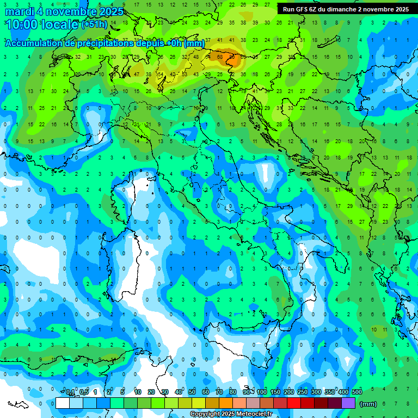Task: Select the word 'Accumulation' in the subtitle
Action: pyautogui.click(x=33, y=43)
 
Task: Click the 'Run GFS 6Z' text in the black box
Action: pyautogui.click(x=302, y=9)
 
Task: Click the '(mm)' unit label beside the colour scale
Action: pyautogui.click(x=368, y=404)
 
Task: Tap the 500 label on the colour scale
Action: pyautogui.click(x=356, y=392)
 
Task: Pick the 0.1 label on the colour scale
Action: pyautogui.click(x=70, y=392)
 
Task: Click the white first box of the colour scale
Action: pyautogui.click(x=63, y=403)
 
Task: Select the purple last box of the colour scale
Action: pyautogui.click(x=348, y=403)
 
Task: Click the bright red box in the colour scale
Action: pyautogui.click(x=294, y=403)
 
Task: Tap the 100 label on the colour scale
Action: pyautogui.click(x=262, y=392)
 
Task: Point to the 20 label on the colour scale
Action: pyautogui.click(x=151, y=392)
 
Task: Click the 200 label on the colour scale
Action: pyautogui.click(x=289, y=392)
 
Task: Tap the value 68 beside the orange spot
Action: pyautogui.click(x=220, y=57)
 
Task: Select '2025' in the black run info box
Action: pyautogui.click(x=401, y=9)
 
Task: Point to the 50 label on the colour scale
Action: pyautogui.click(x=192, y=392)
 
